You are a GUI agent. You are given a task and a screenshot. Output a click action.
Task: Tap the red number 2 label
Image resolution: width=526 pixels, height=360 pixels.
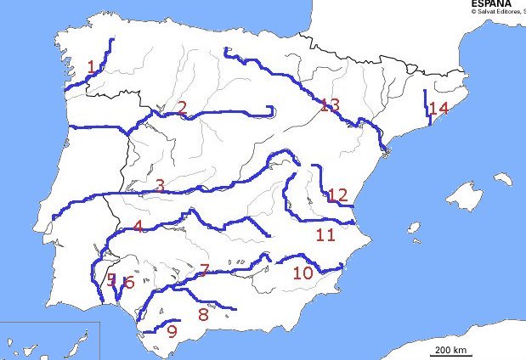[x=182, y=108]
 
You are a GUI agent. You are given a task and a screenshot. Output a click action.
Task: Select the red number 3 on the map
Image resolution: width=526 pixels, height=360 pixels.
[x=160, y=185]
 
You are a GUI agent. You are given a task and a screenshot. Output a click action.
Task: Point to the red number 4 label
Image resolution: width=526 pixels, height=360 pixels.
[x=139, y=227]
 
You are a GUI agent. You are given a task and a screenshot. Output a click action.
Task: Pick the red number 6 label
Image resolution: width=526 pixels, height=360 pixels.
[x=128, y=284]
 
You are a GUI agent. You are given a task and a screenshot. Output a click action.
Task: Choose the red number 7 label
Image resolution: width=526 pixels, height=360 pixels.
[x=203, y=271]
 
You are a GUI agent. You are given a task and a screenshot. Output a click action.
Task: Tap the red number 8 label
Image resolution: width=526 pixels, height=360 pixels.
[x=202, y=314]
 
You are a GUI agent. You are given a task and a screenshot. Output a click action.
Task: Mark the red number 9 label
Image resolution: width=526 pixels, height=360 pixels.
[x=172, y=332]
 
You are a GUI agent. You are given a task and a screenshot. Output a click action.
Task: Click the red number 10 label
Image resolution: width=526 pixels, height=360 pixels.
[x=302, y=273]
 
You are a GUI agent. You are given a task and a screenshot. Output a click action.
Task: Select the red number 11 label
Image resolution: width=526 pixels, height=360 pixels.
[x=324, y=235]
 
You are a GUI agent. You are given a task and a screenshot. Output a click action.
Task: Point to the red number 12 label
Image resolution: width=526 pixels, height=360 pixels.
[x=337, y=195]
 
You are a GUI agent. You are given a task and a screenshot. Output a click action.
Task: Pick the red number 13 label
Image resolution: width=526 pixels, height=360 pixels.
[x=330, y=105]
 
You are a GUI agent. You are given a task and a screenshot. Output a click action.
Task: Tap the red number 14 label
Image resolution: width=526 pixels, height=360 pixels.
[x=438, y=109]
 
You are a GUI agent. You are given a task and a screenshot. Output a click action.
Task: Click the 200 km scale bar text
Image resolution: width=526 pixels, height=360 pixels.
[x=448, y=350]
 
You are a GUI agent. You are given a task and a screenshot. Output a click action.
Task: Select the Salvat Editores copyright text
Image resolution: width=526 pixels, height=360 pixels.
[x=498, y=12]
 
